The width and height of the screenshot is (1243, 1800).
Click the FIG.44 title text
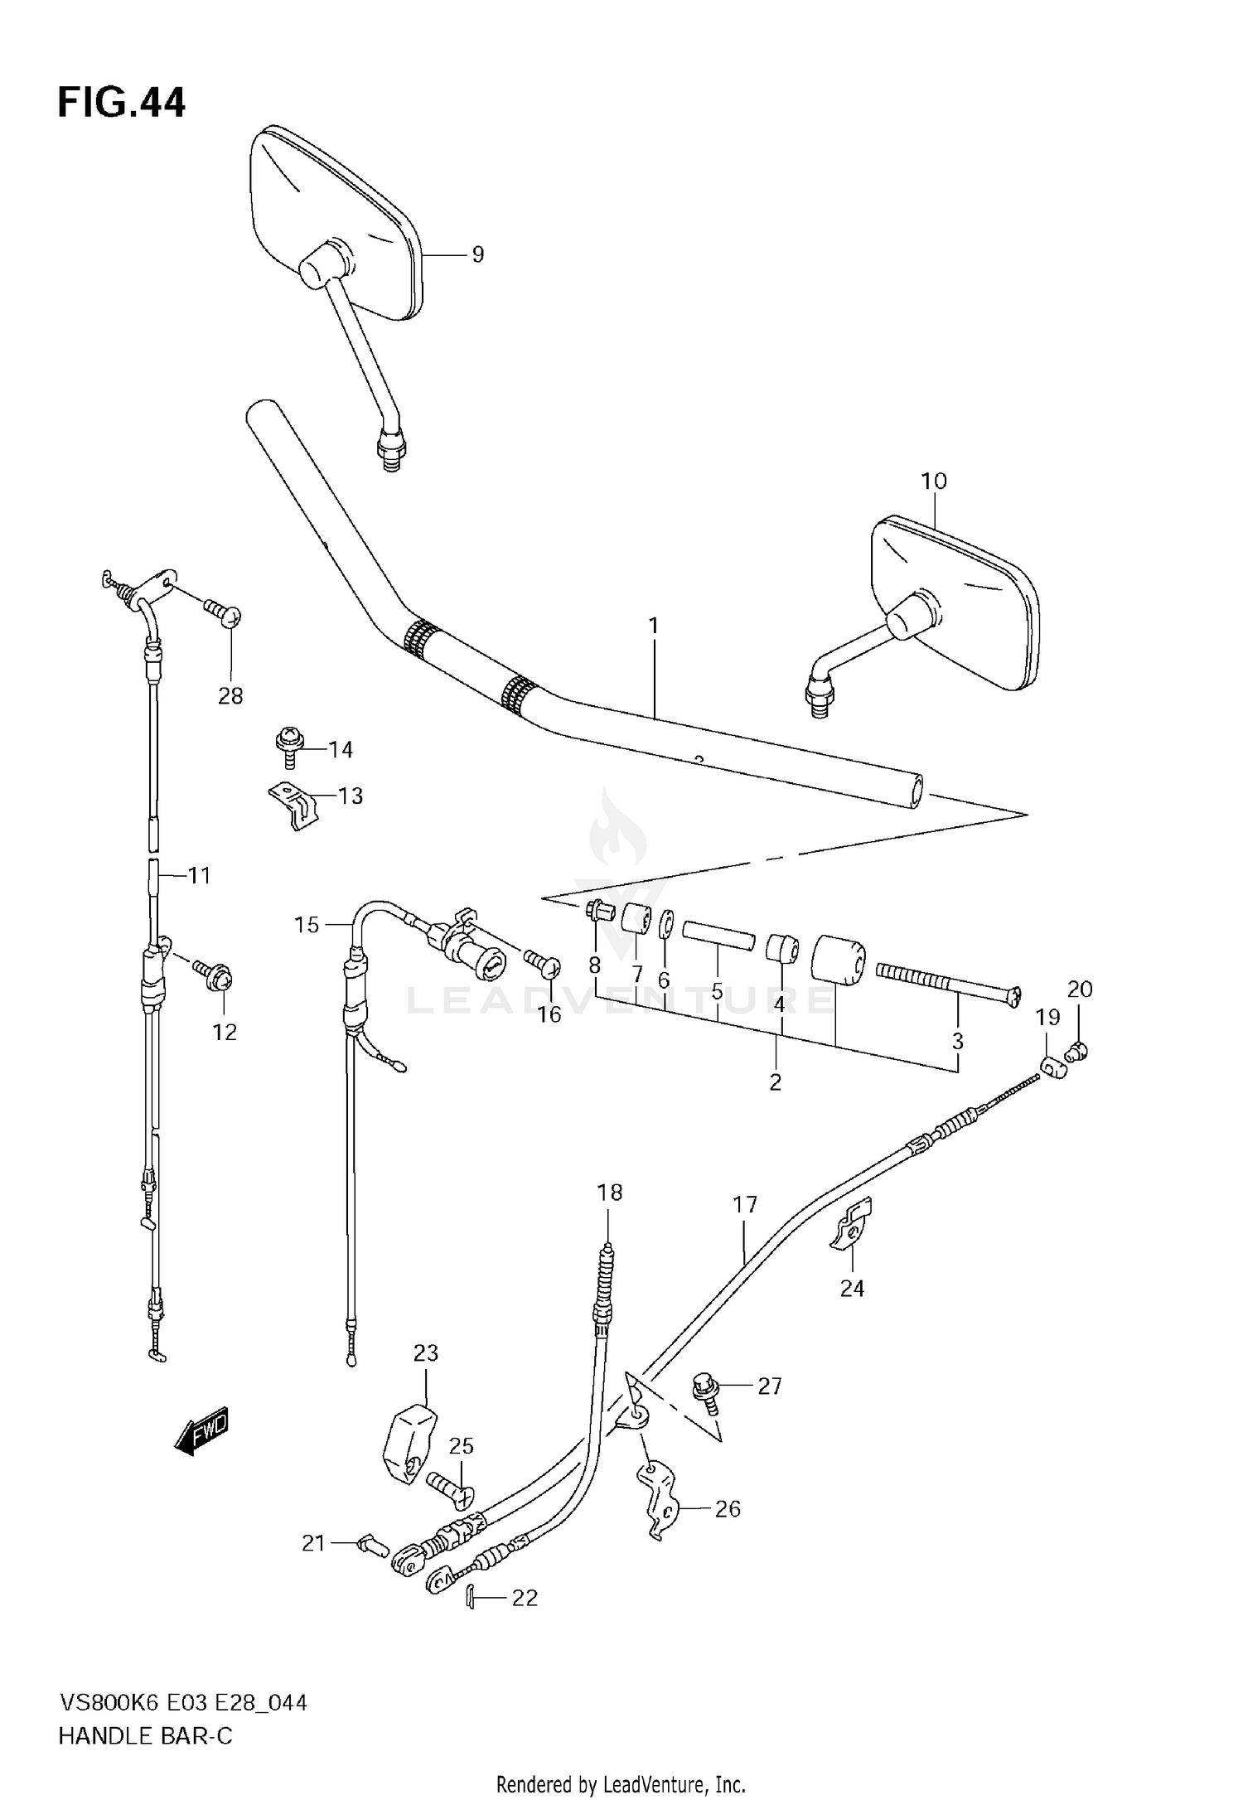click(121, 103)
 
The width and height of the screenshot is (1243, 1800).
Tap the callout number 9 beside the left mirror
click(477, 254)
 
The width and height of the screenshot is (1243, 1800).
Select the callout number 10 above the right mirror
click(933, 481)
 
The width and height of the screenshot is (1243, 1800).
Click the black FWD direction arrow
click(201, 1430)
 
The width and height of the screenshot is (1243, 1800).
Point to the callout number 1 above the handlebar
click(653, 626)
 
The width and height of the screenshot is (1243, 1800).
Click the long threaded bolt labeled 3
click(945, 981)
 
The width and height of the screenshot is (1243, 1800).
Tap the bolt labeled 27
click(706, 1386)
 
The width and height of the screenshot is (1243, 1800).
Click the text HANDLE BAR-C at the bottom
click(146, 1736)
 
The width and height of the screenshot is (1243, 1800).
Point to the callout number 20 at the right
click(1080, 989)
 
